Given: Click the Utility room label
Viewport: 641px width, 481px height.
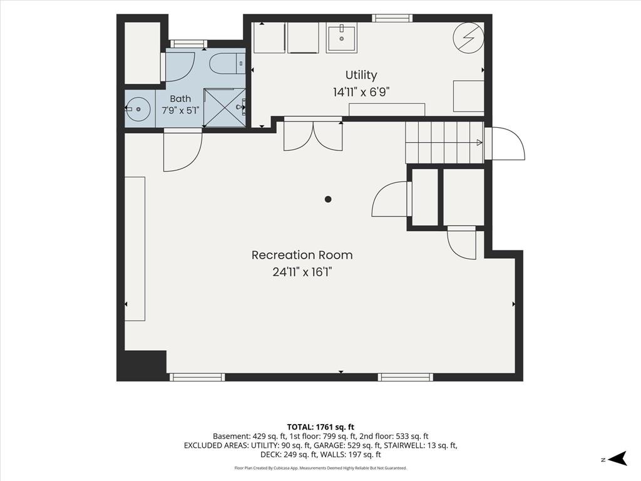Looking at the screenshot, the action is tap(361, 75).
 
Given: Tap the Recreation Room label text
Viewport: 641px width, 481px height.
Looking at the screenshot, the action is tap(302, 256).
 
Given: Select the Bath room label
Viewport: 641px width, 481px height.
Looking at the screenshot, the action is tap(180, 98).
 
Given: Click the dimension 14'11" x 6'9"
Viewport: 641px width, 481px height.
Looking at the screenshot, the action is tap(361, 92).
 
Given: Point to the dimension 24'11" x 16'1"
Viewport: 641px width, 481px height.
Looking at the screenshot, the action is tap(302, 272).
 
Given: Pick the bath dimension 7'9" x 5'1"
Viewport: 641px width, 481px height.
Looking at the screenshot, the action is tap(180, 110).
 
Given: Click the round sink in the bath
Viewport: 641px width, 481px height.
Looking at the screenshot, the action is tap(138, 109).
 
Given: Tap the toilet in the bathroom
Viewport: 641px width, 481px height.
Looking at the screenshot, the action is tap(227, 64).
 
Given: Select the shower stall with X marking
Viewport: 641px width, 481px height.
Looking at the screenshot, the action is tap(225, 108).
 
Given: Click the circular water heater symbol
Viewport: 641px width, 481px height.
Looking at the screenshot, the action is tap(468, 38).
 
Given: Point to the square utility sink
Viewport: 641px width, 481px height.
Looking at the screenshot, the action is tap(341, 38).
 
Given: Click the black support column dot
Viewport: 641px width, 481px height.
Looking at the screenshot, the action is tap(328, 199).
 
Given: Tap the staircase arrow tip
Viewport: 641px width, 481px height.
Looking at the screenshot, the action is tap(481, 143).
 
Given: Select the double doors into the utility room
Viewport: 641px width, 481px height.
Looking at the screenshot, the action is tap(313, 137).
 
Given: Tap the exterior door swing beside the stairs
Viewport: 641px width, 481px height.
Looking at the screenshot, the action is tap(508, 143).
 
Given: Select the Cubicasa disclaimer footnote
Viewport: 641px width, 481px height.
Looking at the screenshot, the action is tap(320, 468).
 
